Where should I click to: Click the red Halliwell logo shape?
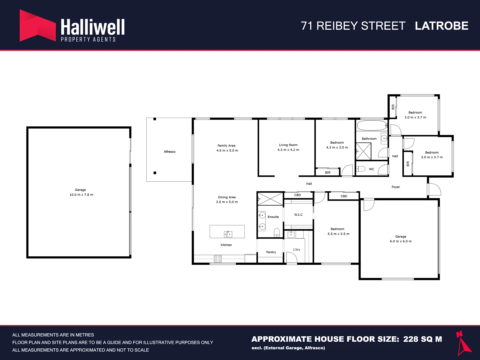pos(38,25)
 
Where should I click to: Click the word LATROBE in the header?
pos(442,26)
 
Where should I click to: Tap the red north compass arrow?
pos(463,344)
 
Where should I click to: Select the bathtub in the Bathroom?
pos(372,125)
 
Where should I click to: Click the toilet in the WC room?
pos(361,169)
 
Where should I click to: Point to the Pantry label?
pos(271,252)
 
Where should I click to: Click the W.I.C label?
pos(298,215)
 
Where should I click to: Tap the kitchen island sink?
pos(228,234)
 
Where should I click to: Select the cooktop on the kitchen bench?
pos(218,259)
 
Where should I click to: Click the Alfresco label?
pos(169,151)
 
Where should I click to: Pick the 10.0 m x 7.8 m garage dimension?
pos(81,195)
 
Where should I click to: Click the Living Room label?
pos(288,145)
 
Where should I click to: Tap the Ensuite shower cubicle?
pos(270,199)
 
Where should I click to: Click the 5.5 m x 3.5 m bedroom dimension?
pos(338,234)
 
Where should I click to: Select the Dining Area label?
pos(227,197)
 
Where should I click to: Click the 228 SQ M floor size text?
pos(422,339)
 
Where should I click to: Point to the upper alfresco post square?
pos(155,119)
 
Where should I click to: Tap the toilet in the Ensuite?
pos(277,233)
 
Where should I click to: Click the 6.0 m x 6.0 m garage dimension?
pos(401,241)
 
